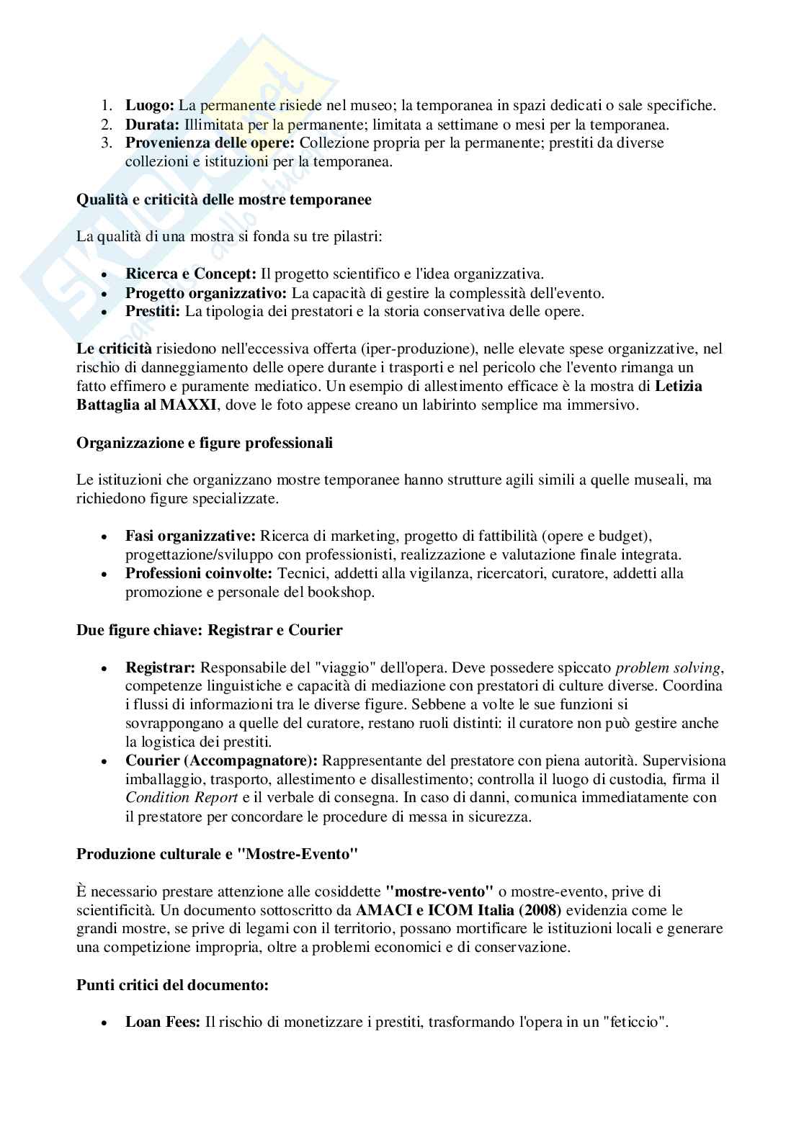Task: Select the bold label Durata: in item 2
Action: point(153,124)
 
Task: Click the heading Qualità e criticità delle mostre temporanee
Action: point(224,199)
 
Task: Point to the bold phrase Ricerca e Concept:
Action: point(191,274)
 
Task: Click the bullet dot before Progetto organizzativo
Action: point(106,294)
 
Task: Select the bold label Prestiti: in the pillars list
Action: point(153,312)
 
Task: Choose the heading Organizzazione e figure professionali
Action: point(205,443)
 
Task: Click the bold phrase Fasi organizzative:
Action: point(191,536)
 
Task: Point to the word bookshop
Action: point(341,593)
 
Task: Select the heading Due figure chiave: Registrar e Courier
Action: point(210,630)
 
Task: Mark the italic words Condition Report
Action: point(182,798)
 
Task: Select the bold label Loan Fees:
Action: point(163,1022)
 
